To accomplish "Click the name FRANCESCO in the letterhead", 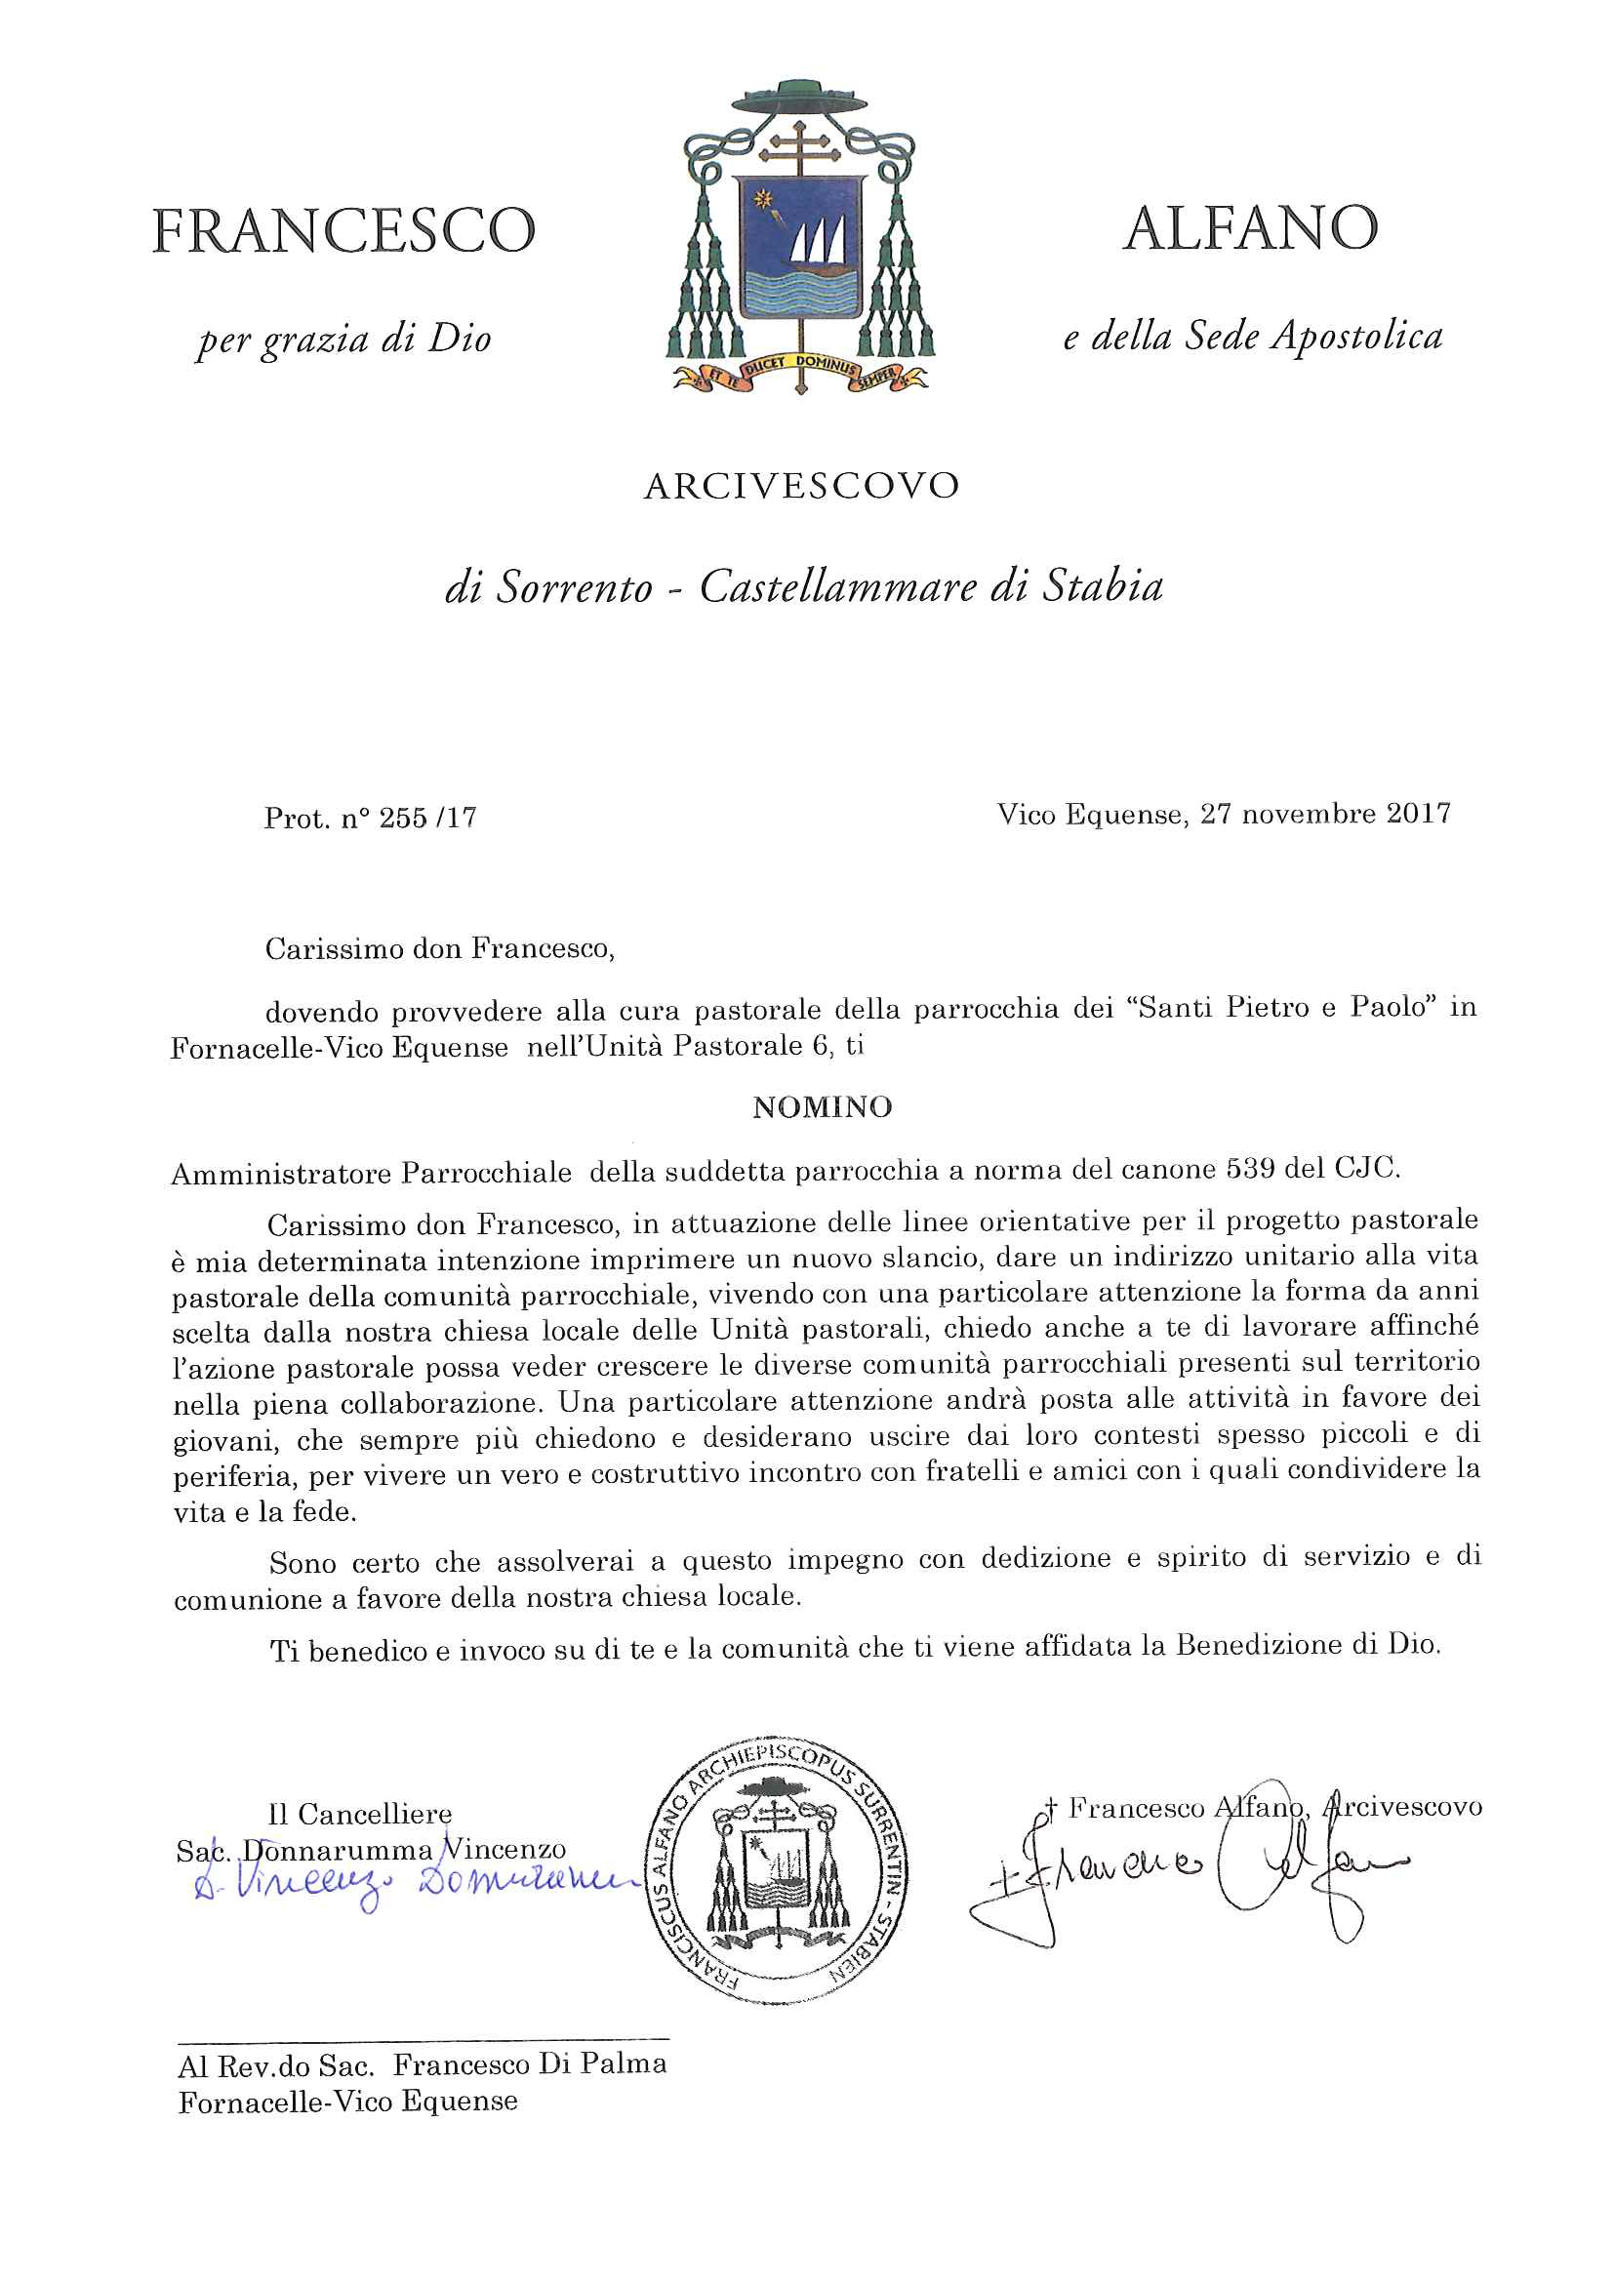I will [x=343, y=230].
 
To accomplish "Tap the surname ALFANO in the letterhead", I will [x=1250, y=228].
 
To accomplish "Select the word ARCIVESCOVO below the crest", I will [x=801, y=486].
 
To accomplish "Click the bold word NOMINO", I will [x=823, y=1107].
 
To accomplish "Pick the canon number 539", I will [x=1251, y=1169].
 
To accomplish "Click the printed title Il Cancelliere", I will [x=360, y=1815].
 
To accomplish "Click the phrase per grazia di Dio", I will [x=344, y=340].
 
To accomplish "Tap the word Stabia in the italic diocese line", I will [x=1103, y=585].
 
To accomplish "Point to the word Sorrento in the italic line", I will [x=574, y=587].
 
